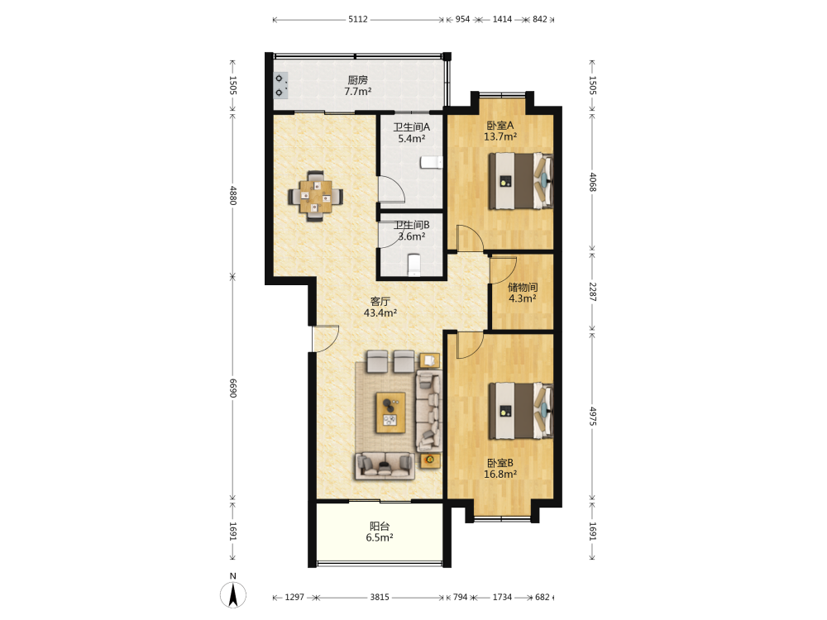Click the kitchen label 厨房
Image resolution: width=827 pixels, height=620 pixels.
click(x=357, y=80)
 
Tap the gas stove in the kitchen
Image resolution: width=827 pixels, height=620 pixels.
click(x=280, y=86)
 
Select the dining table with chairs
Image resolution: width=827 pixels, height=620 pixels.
click(x=315, y=196)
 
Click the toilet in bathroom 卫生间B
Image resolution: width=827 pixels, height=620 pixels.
click(x=414, y=265)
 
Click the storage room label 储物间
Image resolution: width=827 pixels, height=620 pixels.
click(x=523, y=288)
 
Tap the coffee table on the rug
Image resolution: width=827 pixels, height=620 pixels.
click(x=391, y=413)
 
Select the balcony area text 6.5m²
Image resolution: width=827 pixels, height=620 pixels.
click(x=380, y=538)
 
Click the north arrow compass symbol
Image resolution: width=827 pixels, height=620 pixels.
click(x=233, y=594)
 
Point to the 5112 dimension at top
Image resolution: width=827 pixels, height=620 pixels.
click(x=357, y=20)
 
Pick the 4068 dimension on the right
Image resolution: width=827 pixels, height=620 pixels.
click(x=592, y=182)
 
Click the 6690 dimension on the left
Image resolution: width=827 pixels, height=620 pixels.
click(x=233, y=388)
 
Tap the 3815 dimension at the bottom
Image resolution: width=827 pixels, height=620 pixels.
click(x=380, y=598)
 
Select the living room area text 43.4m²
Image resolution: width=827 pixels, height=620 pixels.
click(x=380, y=312)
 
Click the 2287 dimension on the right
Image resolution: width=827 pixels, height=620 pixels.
click(x=592, y=292)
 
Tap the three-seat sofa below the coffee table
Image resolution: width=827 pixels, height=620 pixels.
click(x=385, y=466)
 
